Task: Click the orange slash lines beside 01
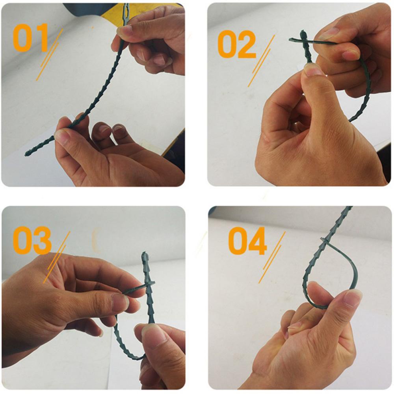[50, 55]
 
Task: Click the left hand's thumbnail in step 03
[120, 302]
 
